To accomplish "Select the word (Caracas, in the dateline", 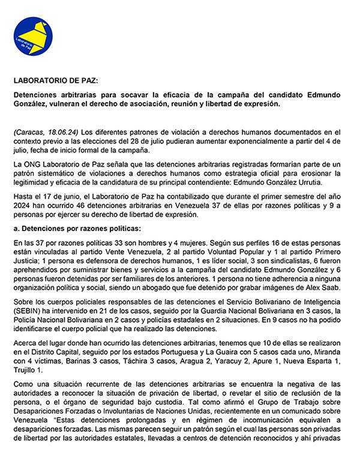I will tap(28, 131).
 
